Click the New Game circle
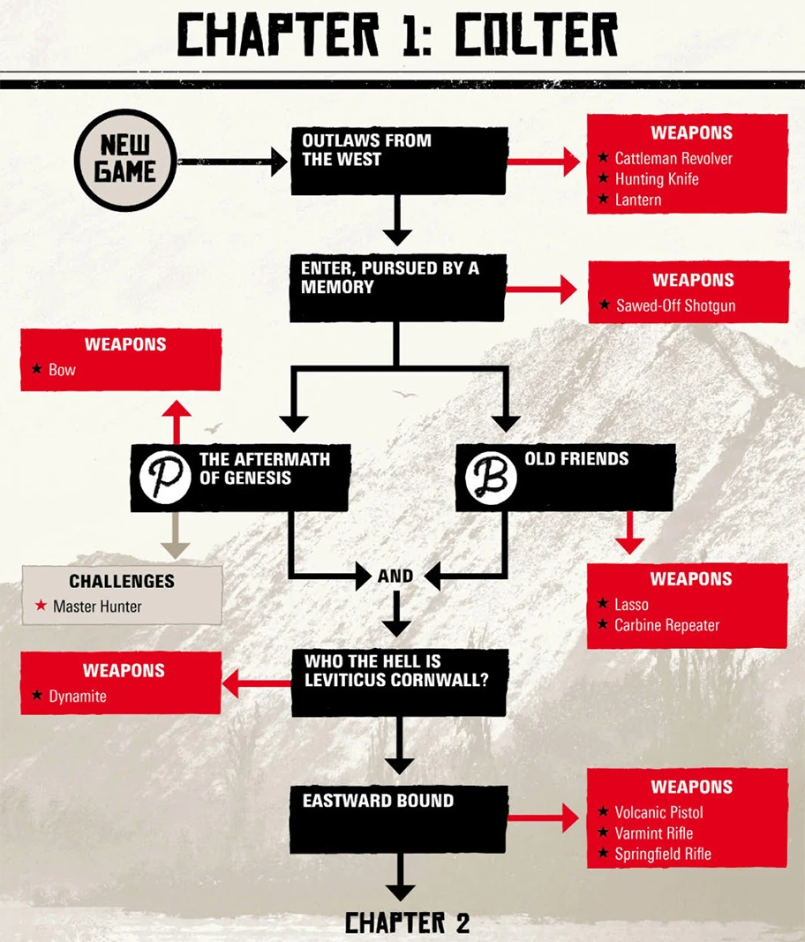pyautogui.click(x=124, y=161)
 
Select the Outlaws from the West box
pyautogui.click(x=399, y=161)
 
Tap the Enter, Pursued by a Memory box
pyautogui.click(x=398, y=288)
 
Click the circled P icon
pyautogui.click(x=165, y=478)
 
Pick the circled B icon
pyautogui.click(x=490, y=478)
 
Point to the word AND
pyautogui.click(x=395, y=577)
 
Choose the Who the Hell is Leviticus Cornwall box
pyautogui.click(x=399, y=682)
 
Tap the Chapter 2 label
pyautogui.click(x=407, y=923)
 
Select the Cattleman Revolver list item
pyautogui.click(x=673, y=159)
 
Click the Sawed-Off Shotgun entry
pyautogui.click(x=675, y=306)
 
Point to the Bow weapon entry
pyautogui.click(x=62, y=370)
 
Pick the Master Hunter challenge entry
pyautogui.click(x=97, y=607)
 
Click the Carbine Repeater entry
pyautogui.click(x=666, y=626)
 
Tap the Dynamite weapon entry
pyautogui.click(x=78, y=697)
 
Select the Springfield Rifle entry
pyautogui.click(x=663, y=854)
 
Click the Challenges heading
pyautogui.click(x=122, y=582)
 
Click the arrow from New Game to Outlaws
pyautogui.click(x=233, y=162)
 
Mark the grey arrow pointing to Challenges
pyautogui.click(x=177, y=538)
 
